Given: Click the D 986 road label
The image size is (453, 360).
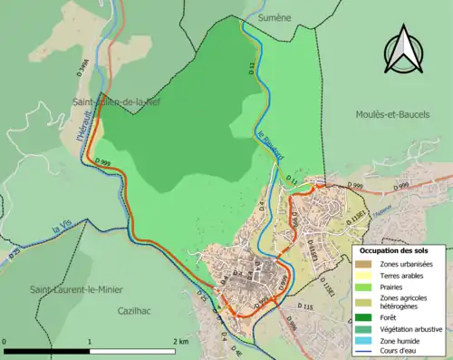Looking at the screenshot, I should (x=292, y=321).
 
